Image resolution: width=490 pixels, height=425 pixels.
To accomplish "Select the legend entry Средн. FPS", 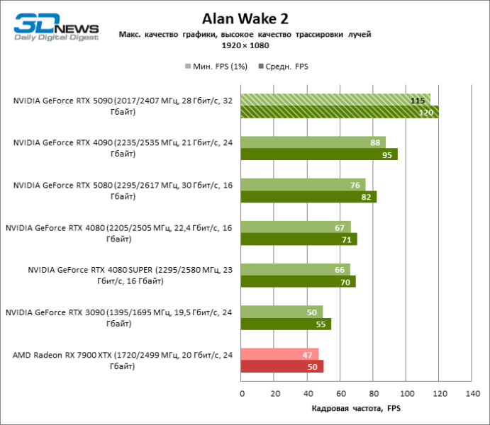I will point(286,67).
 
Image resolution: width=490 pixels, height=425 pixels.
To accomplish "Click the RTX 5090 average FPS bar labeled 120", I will point(340,112).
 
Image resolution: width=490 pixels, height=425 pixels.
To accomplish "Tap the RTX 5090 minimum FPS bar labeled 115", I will point(335,100).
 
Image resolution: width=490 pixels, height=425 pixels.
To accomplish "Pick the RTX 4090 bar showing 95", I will point(319,154).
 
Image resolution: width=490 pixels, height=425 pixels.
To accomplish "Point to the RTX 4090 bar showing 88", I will point(313,142).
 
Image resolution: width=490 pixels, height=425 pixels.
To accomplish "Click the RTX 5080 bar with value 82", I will point(308,197).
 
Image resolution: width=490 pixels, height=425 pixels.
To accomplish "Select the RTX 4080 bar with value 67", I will point(296,227).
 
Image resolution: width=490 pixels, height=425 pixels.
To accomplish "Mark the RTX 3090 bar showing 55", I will point(286,324).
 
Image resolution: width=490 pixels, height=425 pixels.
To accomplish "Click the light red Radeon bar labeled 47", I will point(279,354).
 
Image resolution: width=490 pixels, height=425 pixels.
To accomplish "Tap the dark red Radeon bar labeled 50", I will point(282,366).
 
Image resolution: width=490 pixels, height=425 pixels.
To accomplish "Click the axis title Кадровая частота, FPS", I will point(356,409).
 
